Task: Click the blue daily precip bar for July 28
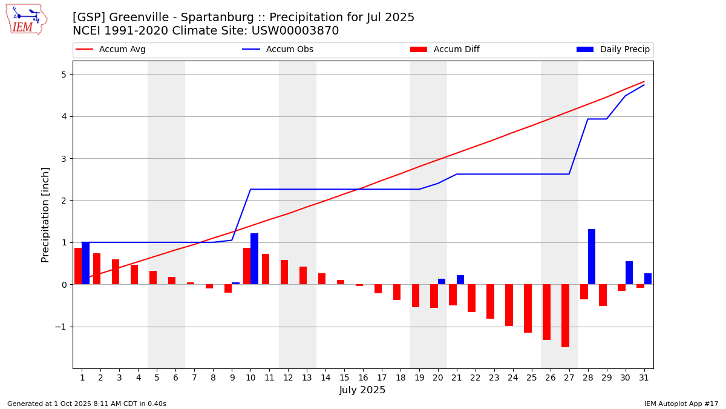tap(592, 257)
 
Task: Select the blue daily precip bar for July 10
tap(254, 259)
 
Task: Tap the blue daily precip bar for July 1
tap(85, 263)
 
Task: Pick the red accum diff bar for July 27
tap(565, 316)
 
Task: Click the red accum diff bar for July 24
tap(509, 305)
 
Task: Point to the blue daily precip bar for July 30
tap(629, 273)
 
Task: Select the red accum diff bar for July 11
tap(266, 269)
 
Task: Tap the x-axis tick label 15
tap(344, 377)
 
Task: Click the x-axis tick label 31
tap(644, 377)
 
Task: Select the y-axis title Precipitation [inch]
tap(45, 214)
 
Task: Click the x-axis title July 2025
tap(362, 390)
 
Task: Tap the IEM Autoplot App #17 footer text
tap(681, 404)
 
